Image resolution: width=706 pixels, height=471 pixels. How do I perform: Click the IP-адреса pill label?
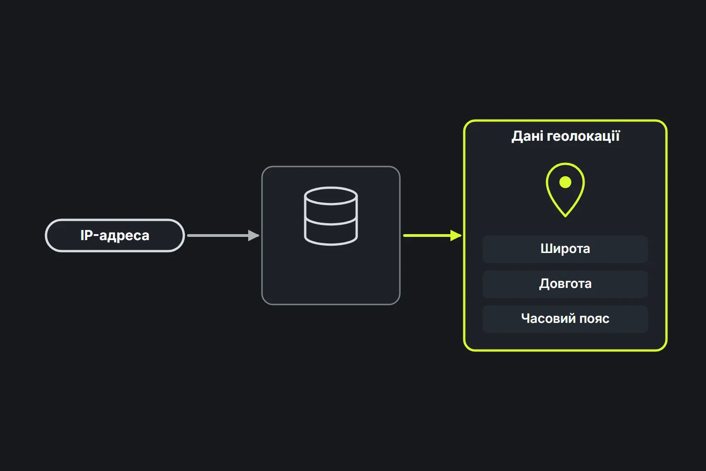(x=115, y=235)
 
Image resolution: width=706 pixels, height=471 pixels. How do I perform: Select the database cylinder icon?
(x=331, y=216)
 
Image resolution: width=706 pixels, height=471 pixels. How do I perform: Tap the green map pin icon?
(x=565, y=190)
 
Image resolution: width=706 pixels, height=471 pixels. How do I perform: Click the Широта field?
(x=565, y=249)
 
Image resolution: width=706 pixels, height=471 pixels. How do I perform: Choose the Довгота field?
(x=565, y=284)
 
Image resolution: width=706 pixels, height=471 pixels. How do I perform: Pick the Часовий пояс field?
(x=565, y=319)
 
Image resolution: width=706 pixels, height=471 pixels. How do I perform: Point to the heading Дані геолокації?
(x=565, y=136)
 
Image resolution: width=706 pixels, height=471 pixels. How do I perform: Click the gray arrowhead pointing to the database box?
(x=254, y=235)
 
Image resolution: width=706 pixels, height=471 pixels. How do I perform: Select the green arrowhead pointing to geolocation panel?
(x=456, y=235)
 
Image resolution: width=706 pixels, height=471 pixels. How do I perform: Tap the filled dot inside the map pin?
(x=565, y=182)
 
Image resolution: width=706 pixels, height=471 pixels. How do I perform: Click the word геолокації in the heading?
(x=583, y=136)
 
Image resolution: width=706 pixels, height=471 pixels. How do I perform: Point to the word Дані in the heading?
(x=527, y=136)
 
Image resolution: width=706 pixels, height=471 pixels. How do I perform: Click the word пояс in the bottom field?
(x=594, y=319)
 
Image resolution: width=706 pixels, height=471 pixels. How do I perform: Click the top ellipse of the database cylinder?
(x=331, y=195)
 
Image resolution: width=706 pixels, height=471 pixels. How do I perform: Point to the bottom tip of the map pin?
(x=565, y=217)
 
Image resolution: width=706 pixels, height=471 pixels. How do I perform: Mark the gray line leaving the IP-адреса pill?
(x=218, y=235)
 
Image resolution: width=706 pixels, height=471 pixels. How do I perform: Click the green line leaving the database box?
(x=427, y=235)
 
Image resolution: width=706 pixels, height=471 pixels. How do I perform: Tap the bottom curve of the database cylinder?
(x=331, y=244)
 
